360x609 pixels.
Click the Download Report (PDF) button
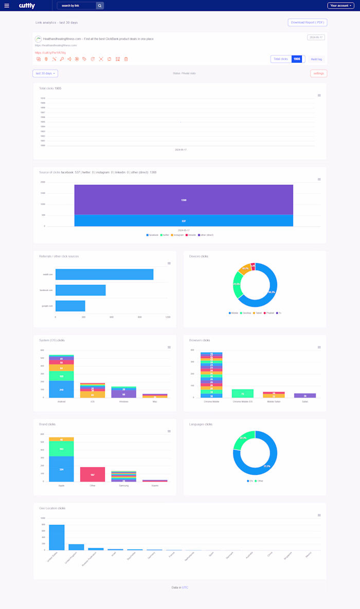coord(307,23)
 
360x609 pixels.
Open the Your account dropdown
coord(340,6)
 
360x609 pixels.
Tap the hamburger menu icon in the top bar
coord(7,6)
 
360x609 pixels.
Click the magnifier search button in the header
coord(100,6)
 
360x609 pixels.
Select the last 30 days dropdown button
coord(45,73)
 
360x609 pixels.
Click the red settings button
coord(319,73)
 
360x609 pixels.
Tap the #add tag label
coord(317,59)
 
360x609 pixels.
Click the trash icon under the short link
coord(126,59)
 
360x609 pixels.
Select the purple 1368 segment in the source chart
coord(184,199)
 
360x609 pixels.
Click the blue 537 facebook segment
coord(184,220)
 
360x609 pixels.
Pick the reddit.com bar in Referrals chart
coord(104,274)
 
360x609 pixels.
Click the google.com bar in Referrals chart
coord(70,306)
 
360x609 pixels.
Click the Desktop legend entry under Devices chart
coord(245,312)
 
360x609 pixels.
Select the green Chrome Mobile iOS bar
coord(243,393)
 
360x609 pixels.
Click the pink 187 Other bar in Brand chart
coord(93,474)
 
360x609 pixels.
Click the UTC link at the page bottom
coord(185,587)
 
